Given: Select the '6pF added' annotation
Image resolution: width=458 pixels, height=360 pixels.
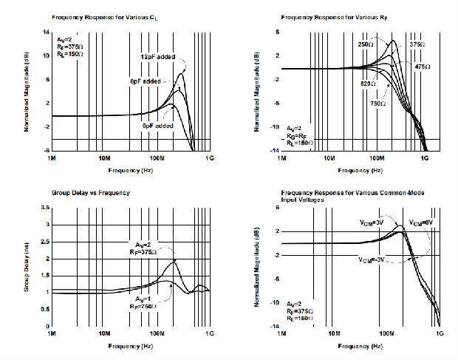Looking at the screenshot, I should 144,81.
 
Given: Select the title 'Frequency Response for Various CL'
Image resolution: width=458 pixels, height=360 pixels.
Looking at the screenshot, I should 105,16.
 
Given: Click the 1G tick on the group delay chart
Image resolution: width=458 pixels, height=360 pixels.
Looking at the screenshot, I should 211,333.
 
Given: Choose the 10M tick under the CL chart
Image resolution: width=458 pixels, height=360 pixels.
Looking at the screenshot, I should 105,157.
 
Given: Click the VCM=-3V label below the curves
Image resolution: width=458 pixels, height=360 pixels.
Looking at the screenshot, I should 370,260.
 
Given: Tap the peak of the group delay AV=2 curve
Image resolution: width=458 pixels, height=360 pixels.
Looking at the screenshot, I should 174,260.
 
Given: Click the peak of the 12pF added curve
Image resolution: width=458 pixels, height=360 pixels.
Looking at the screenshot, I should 180,72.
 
